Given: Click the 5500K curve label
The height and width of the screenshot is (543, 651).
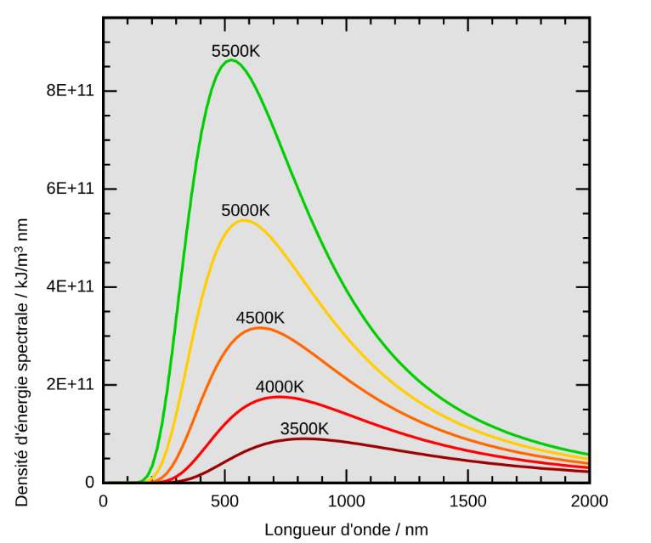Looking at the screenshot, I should (x=235, y=51).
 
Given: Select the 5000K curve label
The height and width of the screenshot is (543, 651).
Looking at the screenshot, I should (x=245, y=210).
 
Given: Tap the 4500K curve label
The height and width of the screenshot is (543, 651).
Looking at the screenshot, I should (x=260, y=318).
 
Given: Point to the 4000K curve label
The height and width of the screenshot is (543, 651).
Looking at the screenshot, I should (x=280, y=387).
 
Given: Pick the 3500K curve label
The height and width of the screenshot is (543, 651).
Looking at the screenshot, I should (x=304, y=428).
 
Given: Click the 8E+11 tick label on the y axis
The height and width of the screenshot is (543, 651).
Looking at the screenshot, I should (x=69, y=91).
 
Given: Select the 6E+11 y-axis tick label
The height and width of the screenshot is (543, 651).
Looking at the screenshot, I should (x=69, y=189).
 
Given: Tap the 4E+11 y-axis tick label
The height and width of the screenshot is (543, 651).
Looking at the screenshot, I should (x=69, y=286).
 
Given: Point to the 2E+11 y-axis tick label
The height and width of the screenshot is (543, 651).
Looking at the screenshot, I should (x=69, y=384).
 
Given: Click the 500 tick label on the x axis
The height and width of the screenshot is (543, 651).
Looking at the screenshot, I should (x=224, y=501).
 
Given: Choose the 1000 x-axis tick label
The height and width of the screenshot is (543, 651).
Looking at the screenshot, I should (x=346, y=501).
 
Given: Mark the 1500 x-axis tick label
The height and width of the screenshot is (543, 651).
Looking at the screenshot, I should (x=467, y=501).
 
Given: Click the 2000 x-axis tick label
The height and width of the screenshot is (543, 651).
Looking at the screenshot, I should (x=589, y=501).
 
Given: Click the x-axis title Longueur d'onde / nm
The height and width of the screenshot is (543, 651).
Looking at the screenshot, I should (x=346, y=529).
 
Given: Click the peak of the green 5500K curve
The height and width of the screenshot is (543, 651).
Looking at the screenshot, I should (x=230, y=60).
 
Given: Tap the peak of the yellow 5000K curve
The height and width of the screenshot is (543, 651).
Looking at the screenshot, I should (x=244, y=220).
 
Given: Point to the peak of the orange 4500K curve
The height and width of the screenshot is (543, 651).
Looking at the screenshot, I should (x=259, y=327).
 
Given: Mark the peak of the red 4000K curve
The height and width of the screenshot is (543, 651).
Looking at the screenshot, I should (x=279, y=397).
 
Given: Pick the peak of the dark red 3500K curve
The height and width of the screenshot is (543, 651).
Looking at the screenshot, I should (x=303, y=438).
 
